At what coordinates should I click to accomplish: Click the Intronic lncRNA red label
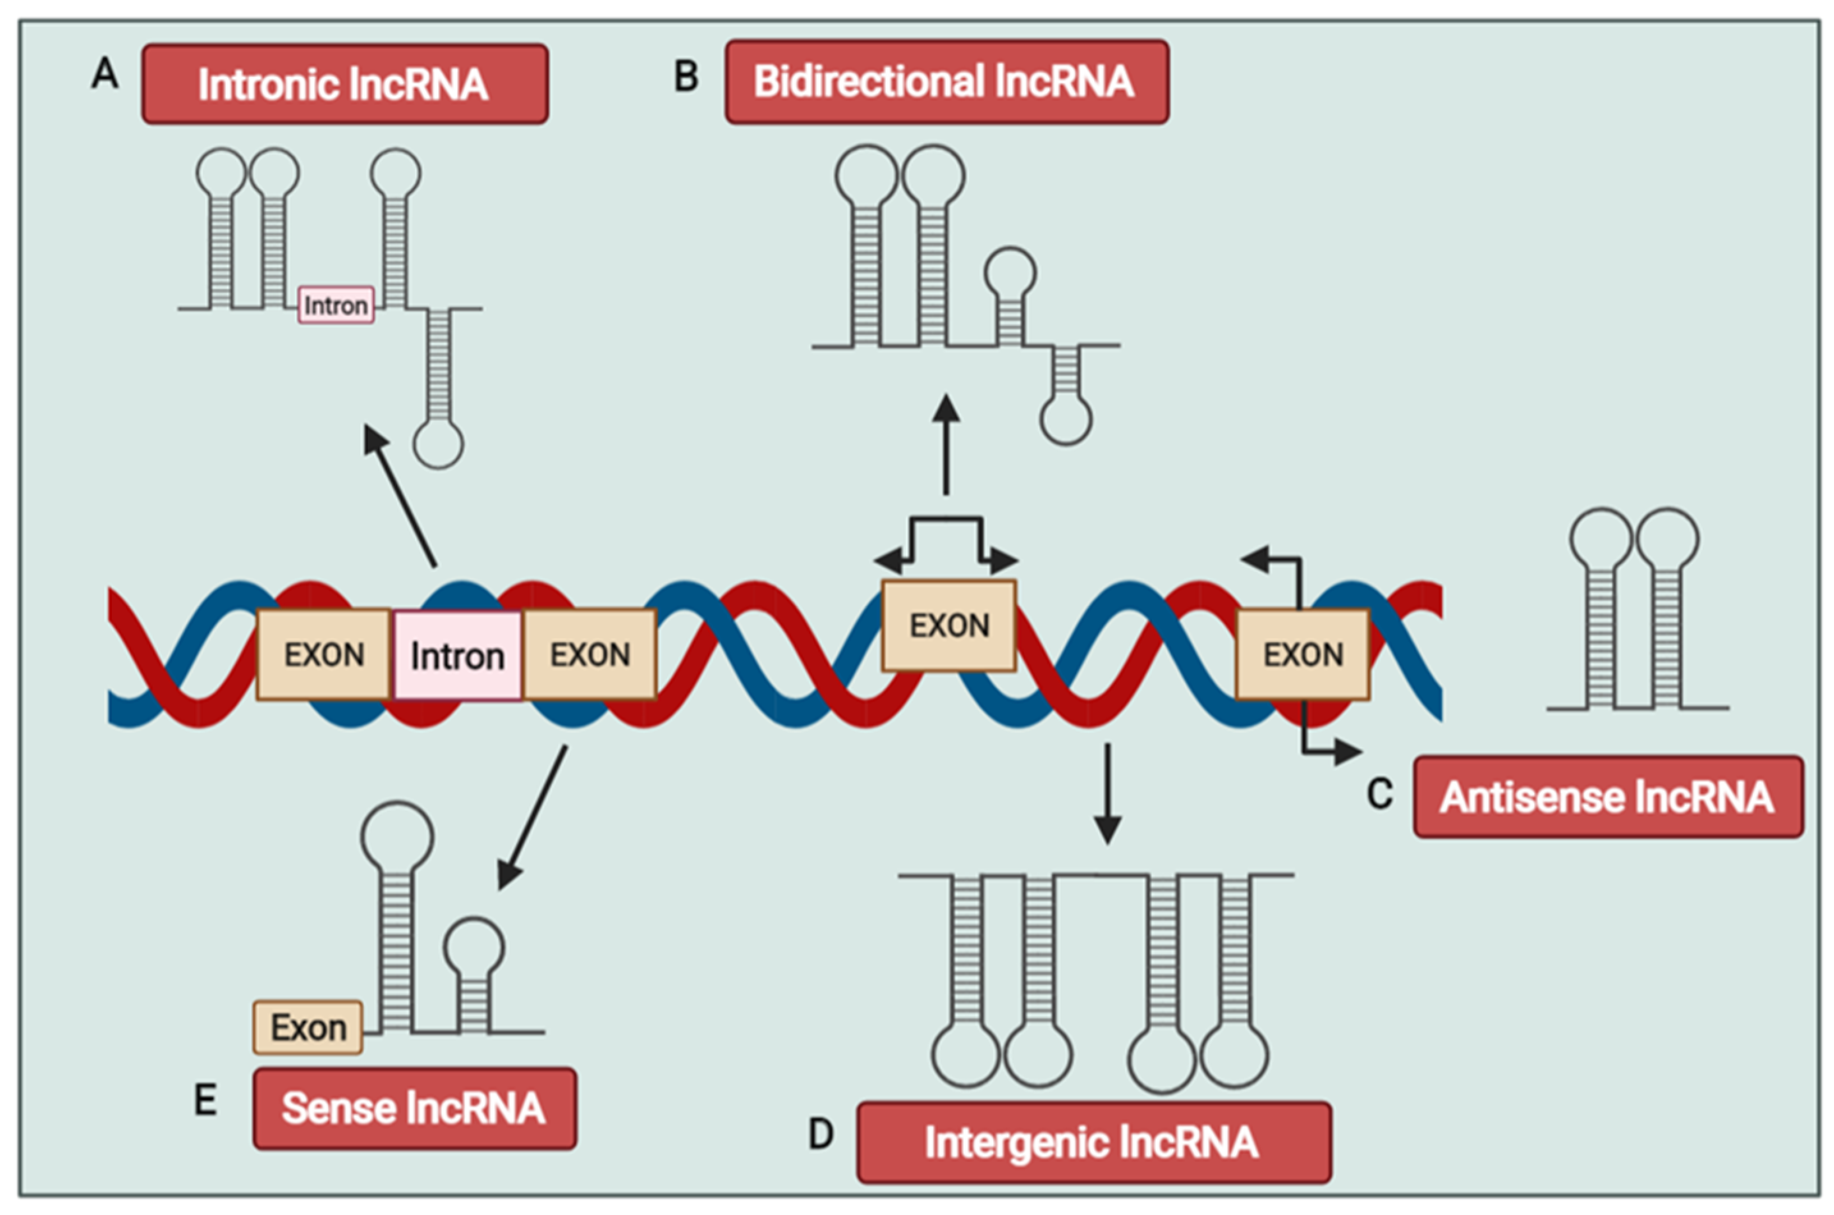pyautogui.click(x=345, y=84)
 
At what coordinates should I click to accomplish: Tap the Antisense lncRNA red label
pyautogui.click(x=1608, y=797)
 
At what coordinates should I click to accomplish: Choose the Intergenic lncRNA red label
pyautogui.click(x=1093, y=1142)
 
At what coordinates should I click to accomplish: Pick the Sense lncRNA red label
pyautogui.click(x=414, y=1108)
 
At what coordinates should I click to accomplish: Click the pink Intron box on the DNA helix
pyautogui.click(x=458, y=655)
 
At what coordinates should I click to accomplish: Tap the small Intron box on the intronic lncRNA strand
pyautogui.click(x=336, y=305)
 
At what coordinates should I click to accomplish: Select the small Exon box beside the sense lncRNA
pyautogui.click(x=308, y=1028)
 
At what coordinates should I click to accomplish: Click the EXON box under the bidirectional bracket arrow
pyautogui.click(x=948, y=625)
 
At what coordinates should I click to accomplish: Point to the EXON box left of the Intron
pyautogui.click(x=323, y=655)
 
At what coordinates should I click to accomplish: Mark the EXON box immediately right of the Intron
pyautogui.click(x=590, y=655)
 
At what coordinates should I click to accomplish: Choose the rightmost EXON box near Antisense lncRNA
pyautogui.click(x=1303, y=655)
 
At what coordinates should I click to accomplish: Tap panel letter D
pyautogui.click(x=821, y=1134)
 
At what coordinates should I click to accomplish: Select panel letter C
pyautogui.click(x=1379, y=795)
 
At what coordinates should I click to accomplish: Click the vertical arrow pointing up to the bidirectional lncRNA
pyautogui.click(x=945, y=446)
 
